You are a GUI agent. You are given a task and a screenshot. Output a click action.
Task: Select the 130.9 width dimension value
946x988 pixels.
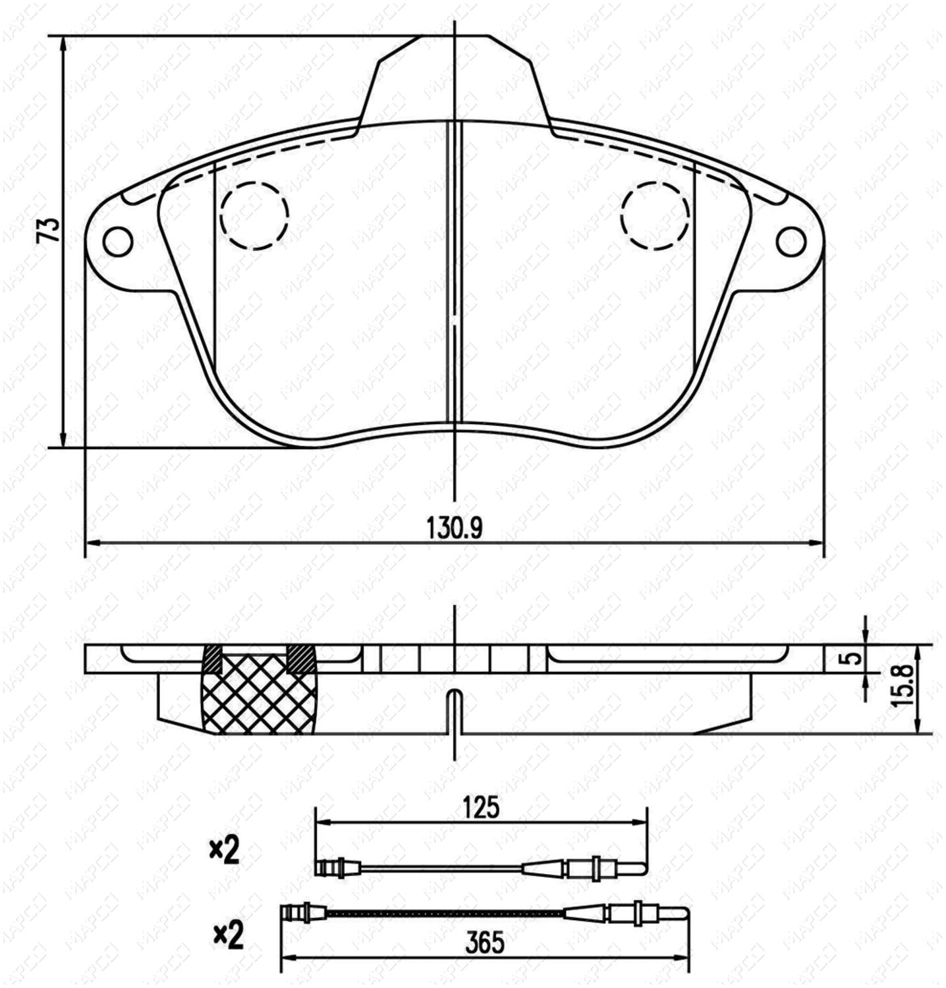pos(455,528)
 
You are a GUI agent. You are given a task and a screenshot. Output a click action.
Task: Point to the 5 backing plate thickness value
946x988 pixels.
pos(854,658)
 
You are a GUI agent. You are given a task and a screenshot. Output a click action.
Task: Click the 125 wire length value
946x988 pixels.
pos(481,807)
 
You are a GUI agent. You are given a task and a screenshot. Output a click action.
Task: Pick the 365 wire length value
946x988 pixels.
pos(484,943)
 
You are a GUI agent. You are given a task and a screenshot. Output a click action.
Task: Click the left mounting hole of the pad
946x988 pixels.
pos(118,242)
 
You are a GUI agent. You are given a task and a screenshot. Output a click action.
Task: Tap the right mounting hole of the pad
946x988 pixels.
pos(791,242)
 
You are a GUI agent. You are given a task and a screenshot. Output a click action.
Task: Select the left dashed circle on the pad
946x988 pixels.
pos(254,215)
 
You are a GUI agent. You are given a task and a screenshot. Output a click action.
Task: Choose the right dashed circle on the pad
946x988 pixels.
pos(655,215)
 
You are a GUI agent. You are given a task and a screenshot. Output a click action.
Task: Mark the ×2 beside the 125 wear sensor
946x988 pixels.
pos(225,851)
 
